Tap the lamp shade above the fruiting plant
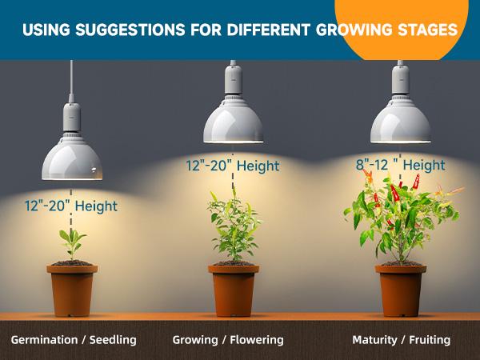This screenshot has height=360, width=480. point(400,120)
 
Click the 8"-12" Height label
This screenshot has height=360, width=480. point(400,166)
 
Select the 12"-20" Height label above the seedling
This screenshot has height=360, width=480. point(70,206)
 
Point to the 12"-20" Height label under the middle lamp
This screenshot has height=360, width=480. point(233,166)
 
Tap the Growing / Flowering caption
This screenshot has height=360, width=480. point(228,340)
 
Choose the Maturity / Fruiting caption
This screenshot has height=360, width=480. point(401,340)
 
